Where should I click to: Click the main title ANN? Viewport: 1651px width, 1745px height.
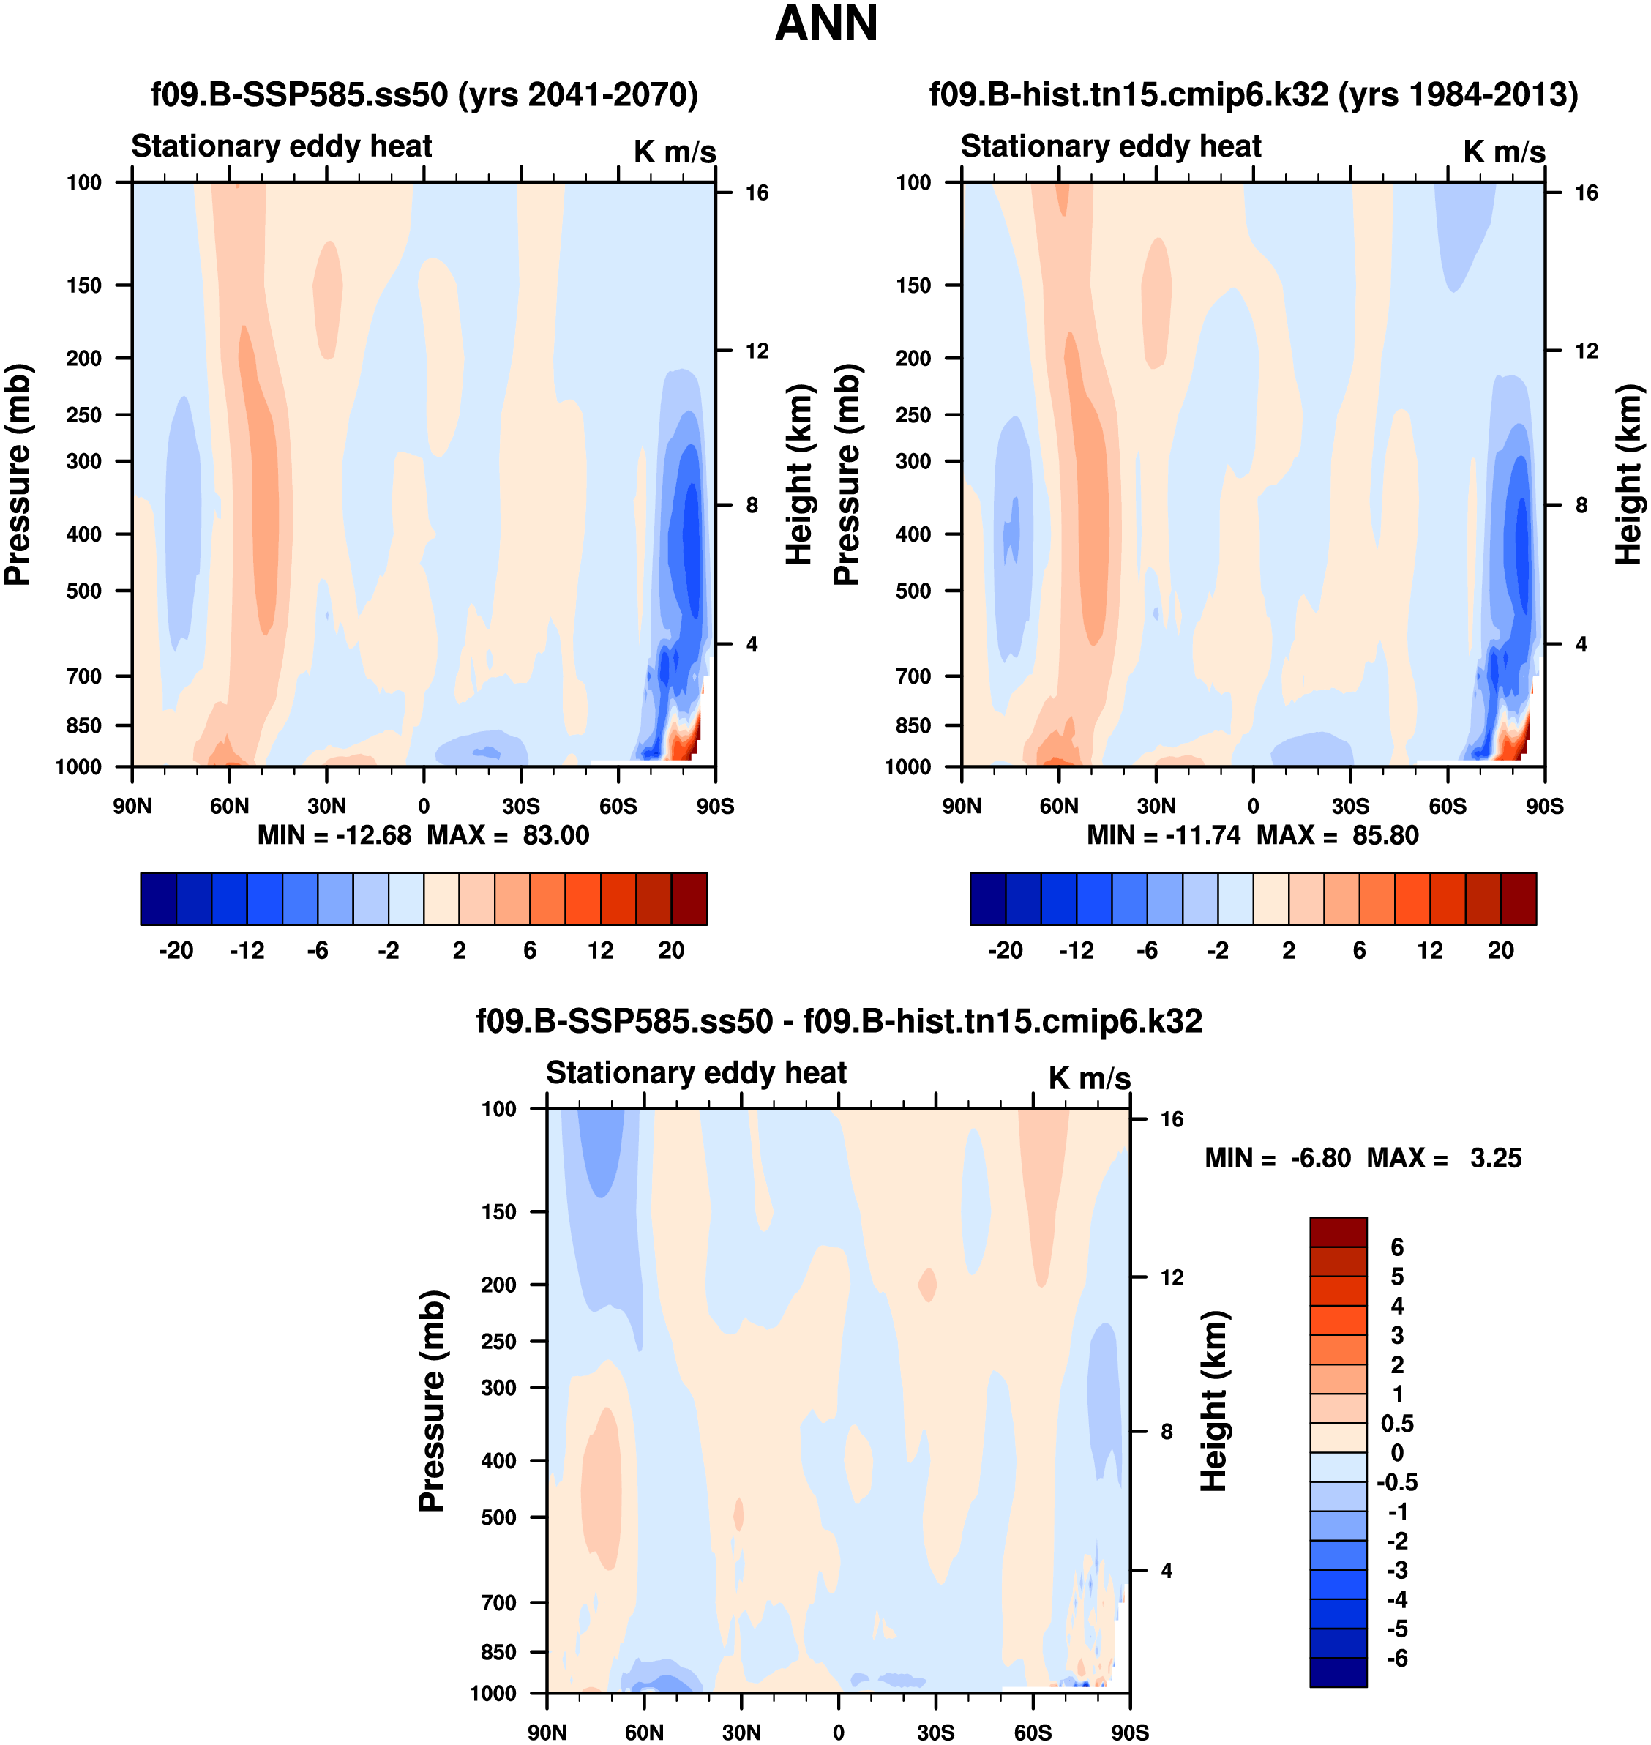[x=825, y=23]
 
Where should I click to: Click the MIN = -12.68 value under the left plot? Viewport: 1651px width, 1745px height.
[x=334, y=834]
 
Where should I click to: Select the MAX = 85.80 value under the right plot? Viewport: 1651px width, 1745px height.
[x=1337, y=834]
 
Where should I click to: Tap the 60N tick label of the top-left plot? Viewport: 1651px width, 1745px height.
[x=229, y=806]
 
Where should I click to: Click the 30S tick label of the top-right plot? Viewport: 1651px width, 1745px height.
[x=1350, y=806]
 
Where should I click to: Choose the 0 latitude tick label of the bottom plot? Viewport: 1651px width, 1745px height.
[x=838, y=1732]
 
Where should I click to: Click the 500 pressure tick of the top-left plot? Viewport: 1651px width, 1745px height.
[x=83, y=591]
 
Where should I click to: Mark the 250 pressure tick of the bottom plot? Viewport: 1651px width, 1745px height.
[x=498, y=1341]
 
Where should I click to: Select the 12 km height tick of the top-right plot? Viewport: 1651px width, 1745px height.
[x=1586, y=351]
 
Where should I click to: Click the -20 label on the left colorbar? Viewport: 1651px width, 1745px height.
[x=176, y=950]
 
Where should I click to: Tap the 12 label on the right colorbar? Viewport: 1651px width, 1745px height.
[x=1430, y=950]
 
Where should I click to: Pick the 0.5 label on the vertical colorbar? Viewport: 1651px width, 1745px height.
[x=1396, y=1424]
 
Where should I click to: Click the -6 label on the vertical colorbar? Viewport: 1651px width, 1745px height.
[x=1396, y=1659]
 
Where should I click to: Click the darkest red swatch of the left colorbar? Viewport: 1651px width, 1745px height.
[x=689, y=899]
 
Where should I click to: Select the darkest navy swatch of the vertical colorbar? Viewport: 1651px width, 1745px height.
[x=1338, y=1672]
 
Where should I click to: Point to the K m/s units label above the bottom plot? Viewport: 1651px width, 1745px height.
[x=1089, y=1078]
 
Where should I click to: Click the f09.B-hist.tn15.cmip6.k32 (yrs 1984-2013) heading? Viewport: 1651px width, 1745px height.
[x=1253, y=94]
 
